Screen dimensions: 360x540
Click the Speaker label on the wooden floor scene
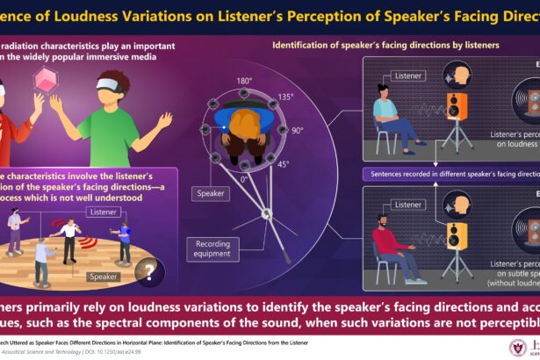point(102,276)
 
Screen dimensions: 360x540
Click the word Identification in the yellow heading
point(303,44)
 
